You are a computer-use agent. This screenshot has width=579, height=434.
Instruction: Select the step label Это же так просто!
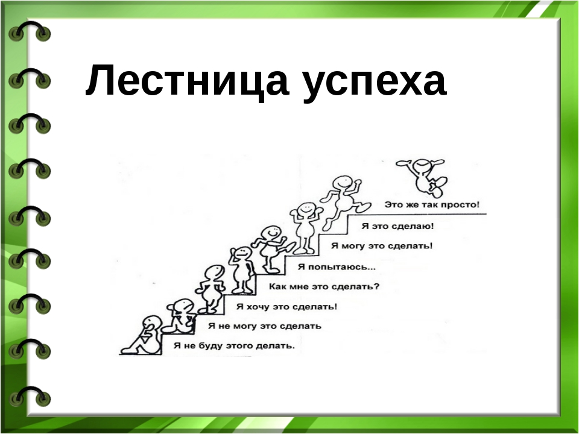point(432,204)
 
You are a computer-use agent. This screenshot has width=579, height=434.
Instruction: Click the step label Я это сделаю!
point(397,226)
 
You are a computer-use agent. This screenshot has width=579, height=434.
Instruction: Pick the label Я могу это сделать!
point(381,246)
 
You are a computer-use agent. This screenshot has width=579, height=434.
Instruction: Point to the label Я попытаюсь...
point(337,266)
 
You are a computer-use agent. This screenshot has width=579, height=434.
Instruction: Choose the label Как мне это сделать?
point(324,286)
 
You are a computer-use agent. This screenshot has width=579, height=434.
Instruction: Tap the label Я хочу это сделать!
point(286,306)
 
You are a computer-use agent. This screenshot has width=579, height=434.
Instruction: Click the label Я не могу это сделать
point(264,326)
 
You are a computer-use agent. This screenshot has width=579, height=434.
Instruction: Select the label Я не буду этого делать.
point(234,346)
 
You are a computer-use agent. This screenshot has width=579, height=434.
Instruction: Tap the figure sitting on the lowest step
point(142,335)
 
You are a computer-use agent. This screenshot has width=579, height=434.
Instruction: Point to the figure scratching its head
point(242,270)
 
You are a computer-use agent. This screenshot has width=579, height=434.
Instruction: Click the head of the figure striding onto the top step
point(343,183)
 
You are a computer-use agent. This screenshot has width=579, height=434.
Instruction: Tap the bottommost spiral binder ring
point(30,397)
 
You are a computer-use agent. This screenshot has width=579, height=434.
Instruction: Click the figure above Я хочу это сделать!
point(212,289)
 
